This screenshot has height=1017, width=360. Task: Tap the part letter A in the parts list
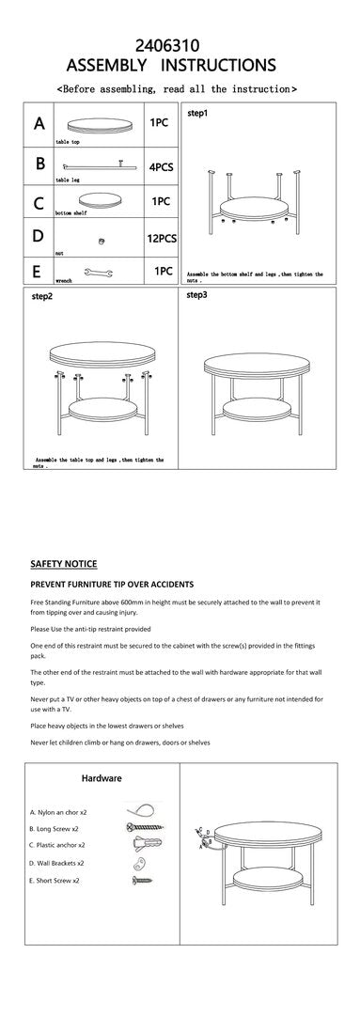(x=39, y=124)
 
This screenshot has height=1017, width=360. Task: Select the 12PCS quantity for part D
(x=162, y=239)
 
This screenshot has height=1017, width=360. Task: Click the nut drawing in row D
(x=102, y=241)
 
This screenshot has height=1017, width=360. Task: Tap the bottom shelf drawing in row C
(x=99, y=201)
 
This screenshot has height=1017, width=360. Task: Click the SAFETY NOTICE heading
(x=63, y=564)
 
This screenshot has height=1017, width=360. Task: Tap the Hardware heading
(x=102, y=778)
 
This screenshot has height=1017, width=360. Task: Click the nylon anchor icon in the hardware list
(x=135, y=810)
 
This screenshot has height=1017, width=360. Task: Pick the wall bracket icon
(x=135, y=863)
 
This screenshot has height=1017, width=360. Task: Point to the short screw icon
(x=140, y=881)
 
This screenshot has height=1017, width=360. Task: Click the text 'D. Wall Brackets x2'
(x=57, y=863)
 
